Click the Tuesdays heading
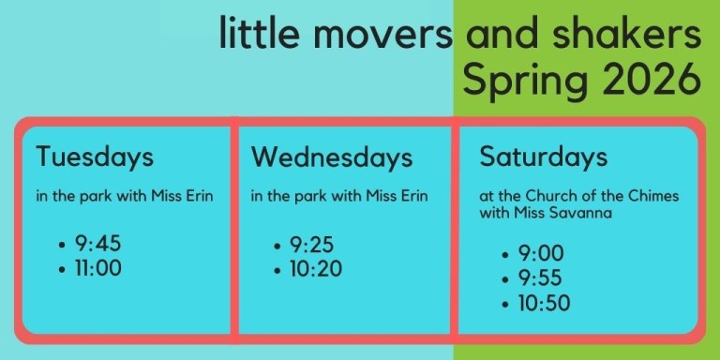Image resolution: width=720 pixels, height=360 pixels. point(94,157)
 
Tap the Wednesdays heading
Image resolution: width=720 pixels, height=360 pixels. point(332,157)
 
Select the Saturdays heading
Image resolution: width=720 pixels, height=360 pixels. point(543,156)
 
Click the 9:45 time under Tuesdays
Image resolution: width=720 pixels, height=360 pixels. point(97,245)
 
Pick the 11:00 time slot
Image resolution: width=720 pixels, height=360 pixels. point(98,269)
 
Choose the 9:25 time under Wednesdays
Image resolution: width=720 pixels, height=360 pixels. point(311,246)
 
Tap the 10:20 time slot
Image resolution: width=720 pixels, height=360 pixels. point(316,270)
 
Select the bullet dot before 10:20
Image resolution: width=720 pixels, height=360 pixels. point(277,271)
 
